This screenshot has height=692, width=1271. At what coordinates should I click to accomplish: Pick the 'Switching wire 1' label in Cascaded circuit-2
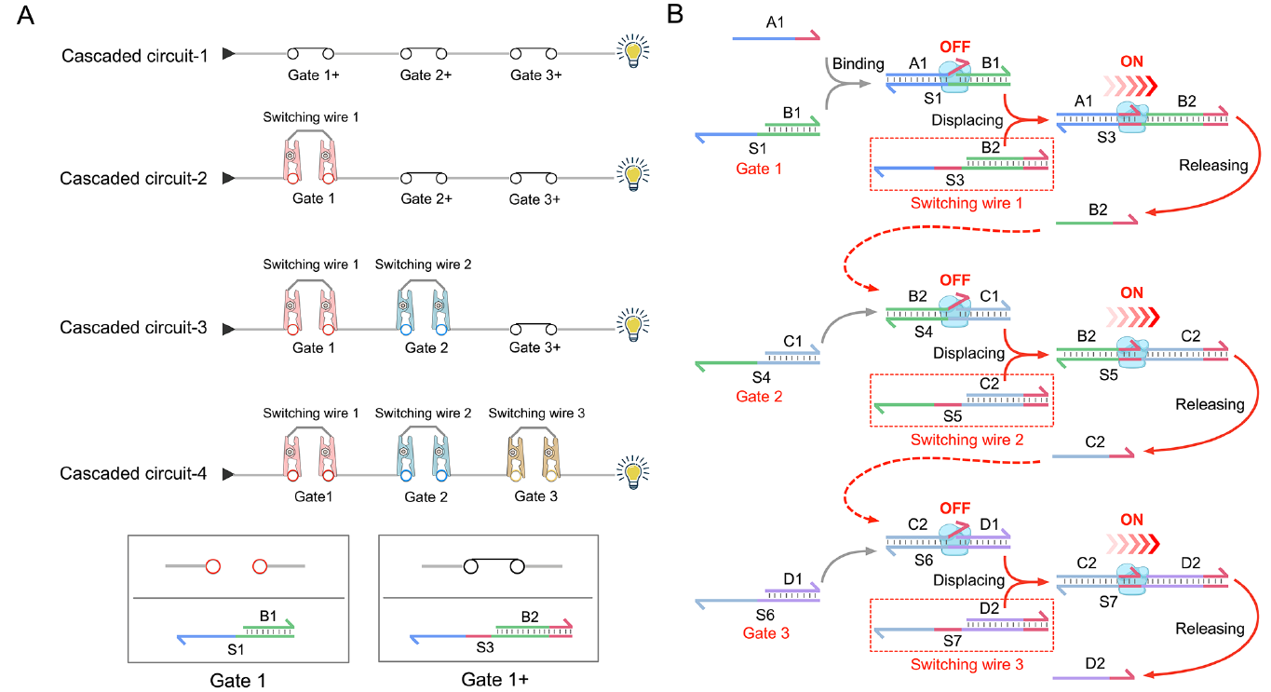click(x=310, y=118)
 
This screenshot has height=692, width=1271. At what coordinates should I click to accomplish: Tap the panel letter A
click(x=27, y=17)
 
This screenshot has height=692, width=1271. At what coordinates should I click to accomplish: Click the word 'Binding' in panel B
click(x=858, y=64)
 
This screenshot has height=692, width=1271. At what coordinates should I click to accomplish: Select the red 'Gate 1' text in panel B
click(x=759, y=169)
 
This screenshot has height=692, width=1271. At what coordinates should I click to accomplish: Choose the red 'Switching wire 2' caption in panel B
click(x=967, y=440)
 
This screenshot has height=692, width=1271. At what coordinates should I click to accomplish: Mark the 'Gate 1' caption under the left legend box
click(x=237, y=681)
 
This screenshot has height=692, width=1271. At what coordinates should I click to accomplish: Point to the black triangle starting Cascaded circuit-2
click(x=227, y=178)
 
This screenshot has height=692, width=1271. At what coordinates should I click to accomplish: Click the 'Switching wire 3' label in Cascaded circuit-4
click(x=536, y=414)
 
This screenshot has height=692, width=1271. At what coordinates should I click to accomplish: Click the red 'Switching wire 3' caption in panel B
click(x=967, y=665)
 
